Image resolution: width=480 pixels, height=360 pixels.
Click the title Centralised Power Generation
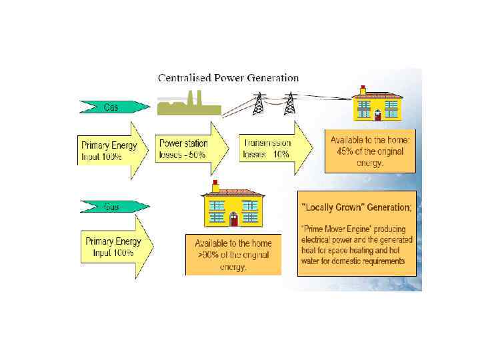228,78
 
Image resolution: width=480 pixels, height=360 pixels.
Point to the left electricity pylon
259,104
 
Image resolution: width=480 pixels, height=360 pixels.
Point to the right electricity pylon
289,104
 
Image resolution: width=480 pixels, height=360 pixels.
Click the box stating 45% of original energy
370,151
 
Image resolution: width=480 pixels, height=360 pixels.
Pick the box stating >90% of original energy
233,255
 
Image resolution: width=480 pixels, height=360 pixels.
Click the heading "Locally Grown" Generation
357,207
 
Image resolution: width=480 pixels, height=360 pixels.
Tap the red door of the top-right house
377,115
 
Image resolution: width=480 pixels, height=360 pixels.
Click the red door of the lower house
233,219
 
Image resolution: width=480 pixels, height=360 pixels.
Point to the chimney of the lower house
215,186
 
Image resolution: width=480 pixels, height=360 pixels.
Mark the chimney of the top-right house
363,89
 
